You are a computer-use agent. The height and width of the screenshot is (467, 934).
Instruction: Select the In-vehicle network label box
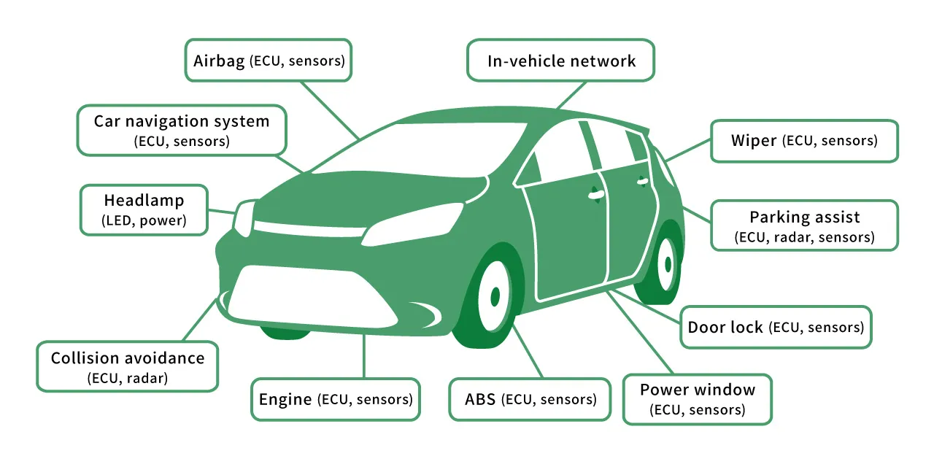coord(560,61)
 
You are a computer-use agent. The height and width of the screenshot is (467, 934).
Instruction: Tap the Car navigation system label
coord(182,130)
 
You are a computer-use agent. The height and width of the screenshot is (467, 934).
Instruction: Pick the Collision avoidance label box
coord(128,366)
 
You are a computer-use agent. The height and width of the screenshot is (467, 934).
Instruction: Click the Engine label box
coord(336,399)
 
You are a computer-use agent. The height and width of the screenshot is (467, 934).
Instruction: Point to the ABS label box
coord(530,399)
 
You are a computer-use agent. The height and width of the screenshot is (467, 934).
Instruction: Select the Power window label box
coord(697,398)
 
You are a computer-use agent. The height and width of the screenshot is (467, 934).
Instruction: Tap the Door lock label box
coord(775,327)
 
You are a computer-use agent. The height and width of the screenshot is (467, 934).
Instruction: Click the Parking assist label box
coord(804,226)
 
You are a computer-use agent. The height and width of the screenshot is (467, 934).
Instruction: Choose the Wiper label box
coord(804,141)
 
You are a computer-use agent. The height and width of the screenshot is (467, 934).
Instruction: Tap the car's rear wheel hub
coord(666,263)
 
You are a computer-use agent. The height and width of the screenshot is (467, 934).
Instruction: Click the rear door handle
coord(642,180)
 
